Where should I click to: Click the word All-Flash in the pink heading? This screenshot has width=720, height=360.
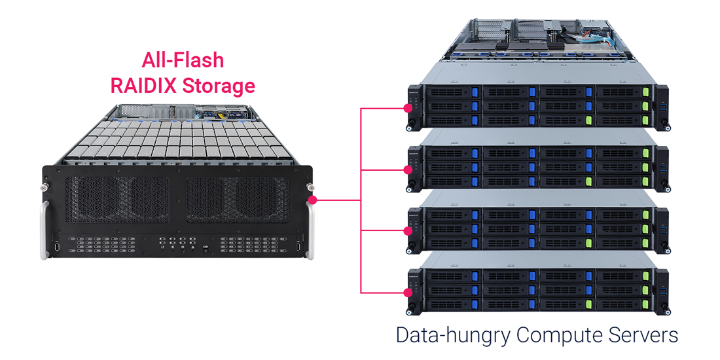[183, 61]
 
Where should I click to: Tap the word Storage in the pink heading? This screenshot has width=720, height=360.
[219, 86]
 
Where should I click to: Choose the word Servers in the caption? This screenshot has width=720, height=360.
[644, 335]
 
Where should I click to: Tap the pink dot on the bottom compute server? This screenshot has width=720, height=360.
[408, 292]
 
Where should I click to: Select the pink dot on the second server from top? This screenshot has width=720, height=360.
[408, 170]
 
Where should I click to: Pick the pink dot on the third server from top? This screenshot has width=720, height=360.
[408, 230]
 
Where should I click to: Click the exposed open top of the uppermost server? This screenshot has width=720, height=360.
[537, 39]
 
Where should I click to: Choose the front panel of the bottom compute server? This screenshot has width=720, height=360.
[537, 289]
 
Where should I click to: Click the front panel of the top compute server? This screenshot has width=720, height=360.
[537, 105]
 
